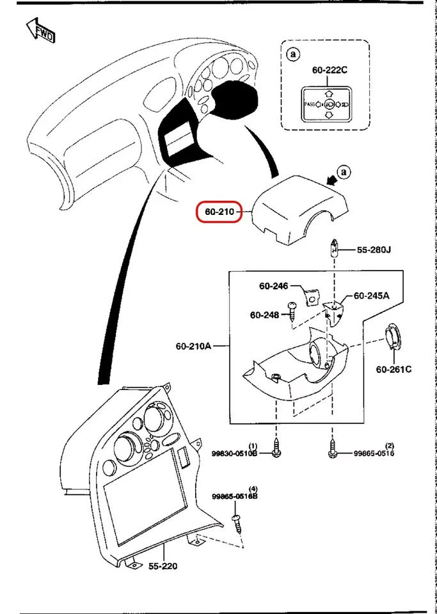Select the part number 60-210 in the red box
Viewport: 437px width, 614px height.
pyautogui.click(x=218, y=211)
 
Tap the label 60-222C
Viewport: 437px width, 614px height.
pyautogui.click(x=330, y=70)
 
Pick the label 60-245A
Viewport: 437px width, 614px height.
pyautogui.click(x=372, y=296)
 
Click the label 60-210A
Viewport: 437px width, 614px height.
pyautogui.click(x=193, y=346)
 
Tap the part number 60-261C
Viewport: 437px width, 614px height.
pyautogui.click(x=393, y=369)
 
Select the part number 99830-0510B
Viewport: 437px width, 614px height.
pyautogui.click(x=234, y=453)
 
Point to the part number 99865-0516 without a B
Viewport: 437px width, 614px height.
pyautogui.click(x=374, y=453)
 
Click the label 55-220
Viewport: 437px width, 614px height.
pyautogui.click(x=163, y=566)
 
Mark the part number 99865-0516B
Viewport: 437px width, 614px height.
pyautogui.click(x=234, y=496)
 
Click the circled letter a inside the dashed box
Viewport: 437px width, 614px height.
pyautogui.click(x=294, y=55)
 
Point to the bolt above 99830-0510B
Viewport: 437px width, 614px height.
pyautogui.click(x=276, y=446)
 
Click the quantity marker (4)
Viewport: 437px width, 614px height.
pyautogui.click(x=253, y=489)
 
